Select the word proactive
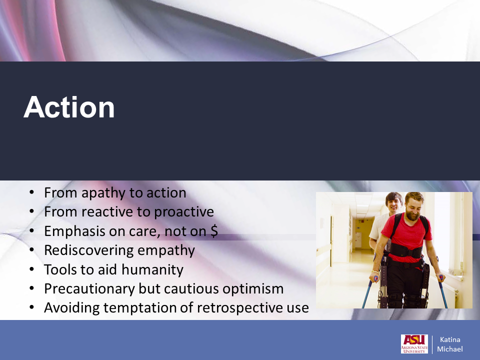(x=184, y=212)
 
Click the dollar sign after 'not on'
(x=214, y=231)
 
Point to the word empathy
(x=166, y=250)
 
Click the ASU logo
(x=414, y=344)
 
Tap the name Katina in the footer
(x=450, y=339)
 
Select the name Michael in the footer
(x=449, y=349)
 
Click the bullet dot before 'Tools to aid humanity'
(x=32, y=269)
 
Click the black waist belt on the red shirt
(x=405, y=251)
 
